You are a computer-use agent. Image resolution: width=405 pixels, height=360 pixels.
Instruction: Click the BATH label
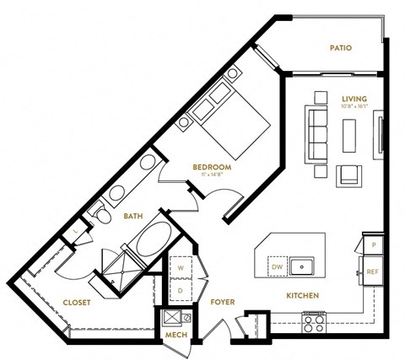[133, 217]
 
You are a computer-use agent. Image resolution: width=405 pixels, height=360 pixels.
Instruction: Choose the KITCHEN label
[302, 297]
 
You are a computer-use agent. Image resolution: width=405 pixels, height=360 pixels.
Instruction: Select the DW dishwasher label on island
[278, 267]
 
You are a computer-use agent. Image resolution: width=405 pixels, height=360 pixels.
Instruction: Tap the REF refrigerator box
[371, 271]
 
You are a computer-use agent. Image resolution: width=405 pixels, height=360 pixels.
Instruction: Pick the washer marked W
[179, 269]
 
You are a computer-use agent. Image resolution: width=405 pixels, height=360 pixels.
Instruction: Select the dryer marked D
[179, 290]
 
